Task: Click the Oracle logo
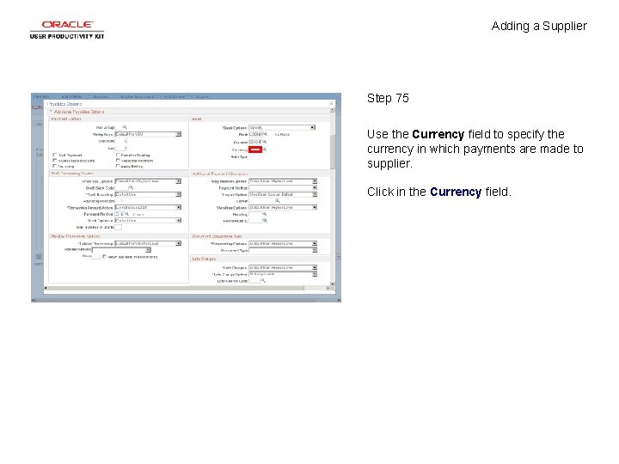click(x=66, y=25)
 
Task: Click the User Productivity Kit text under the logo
click(x=66, y=36)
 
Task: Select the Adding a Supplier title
click(x=539, y=26)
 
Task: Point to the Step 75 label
click(x=388, y=98)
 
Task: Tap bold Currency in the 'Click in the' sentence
click(x=455, y=192)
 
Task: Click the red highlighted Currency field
click(x=254, y=149)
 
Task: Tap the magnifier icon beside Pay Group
click(x=123, y=127)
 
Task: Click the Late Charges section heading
click(x=204, y=259)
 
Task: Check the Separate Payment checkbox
click(x=118, y=162)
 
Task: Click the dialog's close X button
click(x=333, y=104)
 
